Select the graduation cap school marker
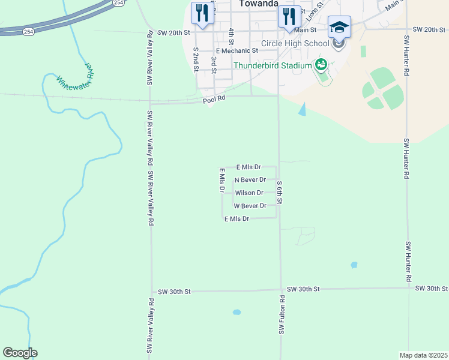click(x=339, y=28)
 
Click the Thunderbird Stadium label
click(x=273, y=65)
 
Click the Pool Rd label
click(x=213, y=101)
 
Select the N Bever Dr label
click(x=250, y=180)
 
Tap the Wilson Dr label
click(x=249, y=193)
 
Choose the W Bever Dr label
click(x=250, y=206)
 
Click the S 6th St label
click(x=280, y=193)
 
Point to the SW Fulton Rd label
click(x=281, y=314)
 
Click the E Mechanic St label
click(x=237, y=51)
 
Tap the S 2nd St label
click(x=196, y=60)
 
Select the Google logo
click(x=20, y=353)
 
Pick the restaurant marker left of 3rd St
click(x=202, y=13)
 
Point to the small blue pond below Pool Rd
click(x=303, y=109)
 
